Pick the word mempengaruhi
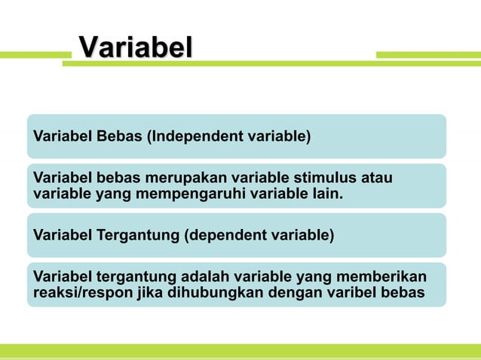pyautogui.click(x=180, y=196)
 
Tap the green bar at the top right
pyautogui.click(x=427, y=54)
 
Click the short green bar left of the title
pyautogui.click(x=35, y=54)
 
